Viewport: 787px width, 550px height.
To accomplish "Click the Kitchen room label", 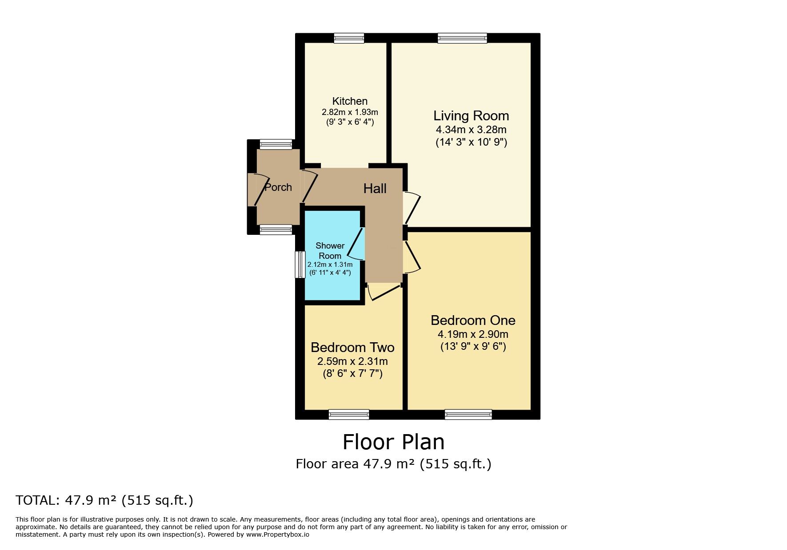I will pyautogui.click(x=350, y=101).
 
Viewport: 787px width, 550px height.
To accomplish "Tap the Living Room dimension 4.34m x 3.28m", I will pyautogui.click(x=471, y=130).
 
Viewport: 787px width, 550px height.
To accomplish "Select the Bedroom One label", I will pyautogui.click(x=473, y=320).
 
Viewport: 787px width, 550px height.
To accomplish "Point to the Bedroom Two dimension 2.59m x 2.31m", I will pyautogui.click(x=352, y=361).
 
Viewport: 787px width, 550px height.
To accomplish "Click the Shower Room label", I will pyautogui.click(x=330, y=251).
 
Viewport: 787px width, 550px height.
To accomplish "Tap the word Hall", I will pyautogui.click(x=375, y=189).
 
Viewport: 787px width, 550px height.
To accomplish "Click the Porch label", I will pyautogui.click(x=278, y=187).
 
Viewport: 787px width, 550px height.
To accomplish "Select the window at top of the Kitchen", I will pyautogui.click(x=349, y=38).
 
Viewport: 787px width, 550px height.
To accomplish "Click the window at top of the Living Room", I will pyautogui.click(x=462, y=38).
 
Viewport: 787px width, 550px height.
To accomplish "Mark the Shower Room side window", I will pyautogui.click(x=301, y=265).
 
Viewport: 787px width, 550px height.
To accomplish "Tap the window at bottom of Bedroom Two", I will pyautogui.click(x=349, y=415).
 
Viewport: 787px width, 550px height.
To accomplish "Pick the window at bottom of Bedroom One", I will pyautogui.click(x=468, y=415).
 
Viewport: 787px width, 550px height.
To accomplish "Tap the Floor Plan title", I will pyautogui.click(x=393, y=442).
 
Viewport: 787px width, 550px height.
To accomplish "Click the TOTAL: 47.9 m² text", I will pyautogui.click(x=104, y=500).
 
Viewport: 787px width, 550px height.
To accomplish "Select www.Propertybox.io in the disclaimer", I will pyautogui.click(x=277, y=534).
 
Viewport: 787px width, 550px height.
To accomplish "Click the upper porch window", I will pyautogui.click(x=276, y=144).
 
